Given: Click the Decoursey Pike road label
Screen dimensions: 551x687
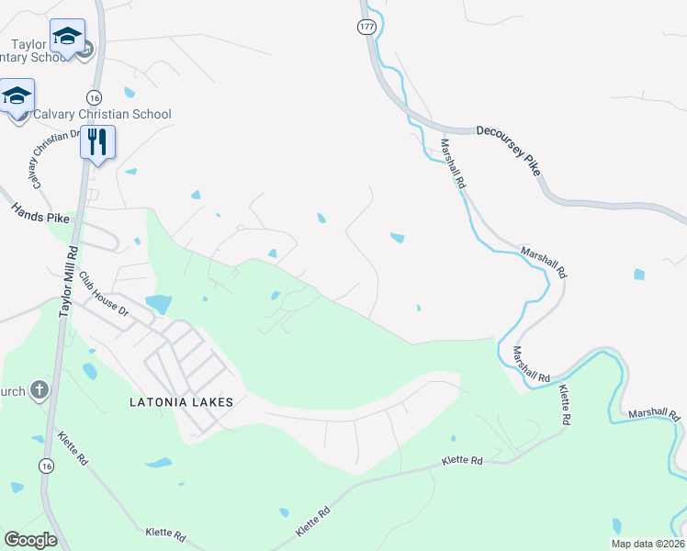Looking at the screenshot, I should [x=508, y=150].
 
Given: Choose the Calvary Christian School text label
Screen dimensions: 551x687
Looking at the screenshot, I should [x=102, y=115].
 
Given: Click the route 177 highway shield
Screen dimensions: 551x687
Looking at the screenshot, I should [x=367, y=28].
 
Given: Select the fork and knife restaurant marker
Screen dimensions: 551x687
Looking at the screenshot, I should [x=97, y=141].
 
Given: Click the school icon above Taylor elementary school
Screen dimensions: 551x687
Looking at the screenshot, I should [x=67, y=36].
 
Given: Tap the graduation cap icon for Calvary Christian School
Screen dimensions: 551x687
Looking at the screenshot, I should [x=17, y=96].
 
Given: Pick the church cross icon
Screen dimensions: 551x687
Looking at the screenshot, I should [x=39, y=390].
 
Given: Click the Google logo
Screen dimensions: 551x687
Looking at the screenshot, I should [x=30, y=539].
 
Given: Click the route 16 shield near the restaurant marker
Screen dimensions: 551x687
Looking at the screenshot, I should [x=94, y=97].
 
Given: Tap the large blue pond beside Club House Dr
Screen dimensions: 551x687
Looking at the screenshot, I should [x=158, y=302].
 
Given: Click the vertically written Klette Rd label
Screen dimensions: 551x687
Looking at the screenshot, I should [x=566, y=404].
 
